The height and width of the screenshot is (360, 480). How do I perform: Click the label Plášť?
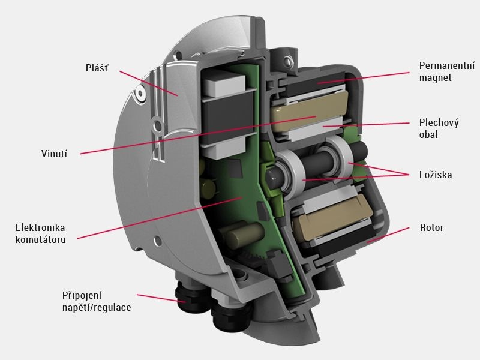[x=97, y=68]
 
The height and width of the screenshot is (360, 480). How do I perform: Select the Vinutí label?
[x=54, y=154]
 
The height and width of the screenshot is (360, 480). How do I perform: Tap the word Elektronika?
[x=40, y=227]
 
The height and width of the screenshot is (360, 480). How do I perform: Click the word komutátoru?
[x=41, y=239]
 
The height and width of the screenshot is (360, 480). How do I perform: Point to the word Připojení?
[x=82, y=296]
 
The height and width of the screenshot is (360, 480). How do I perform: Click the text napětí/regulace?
[x=97, y=307]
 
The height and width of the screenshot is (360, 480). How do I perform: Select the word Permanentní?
[x=447, y=65]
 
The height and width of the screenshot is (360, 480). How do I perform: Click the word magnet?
[x=436, y=78]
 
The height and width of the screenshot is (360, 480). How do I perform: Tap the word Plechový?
[x=439, y=123]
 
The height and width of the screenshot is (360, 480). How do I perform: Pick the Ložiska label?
[x=436, y=175]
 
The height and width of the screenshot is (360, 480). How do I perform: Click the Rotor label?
[x=431, y=227]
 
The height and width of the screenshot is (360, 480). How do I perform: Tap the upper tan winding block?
[x=308, y=112]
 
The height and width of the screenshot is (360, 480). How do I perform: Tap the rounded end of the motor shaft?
[x=271, y=176]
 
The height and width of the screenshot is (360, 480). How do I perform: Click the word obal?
[x=428, y=134]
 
